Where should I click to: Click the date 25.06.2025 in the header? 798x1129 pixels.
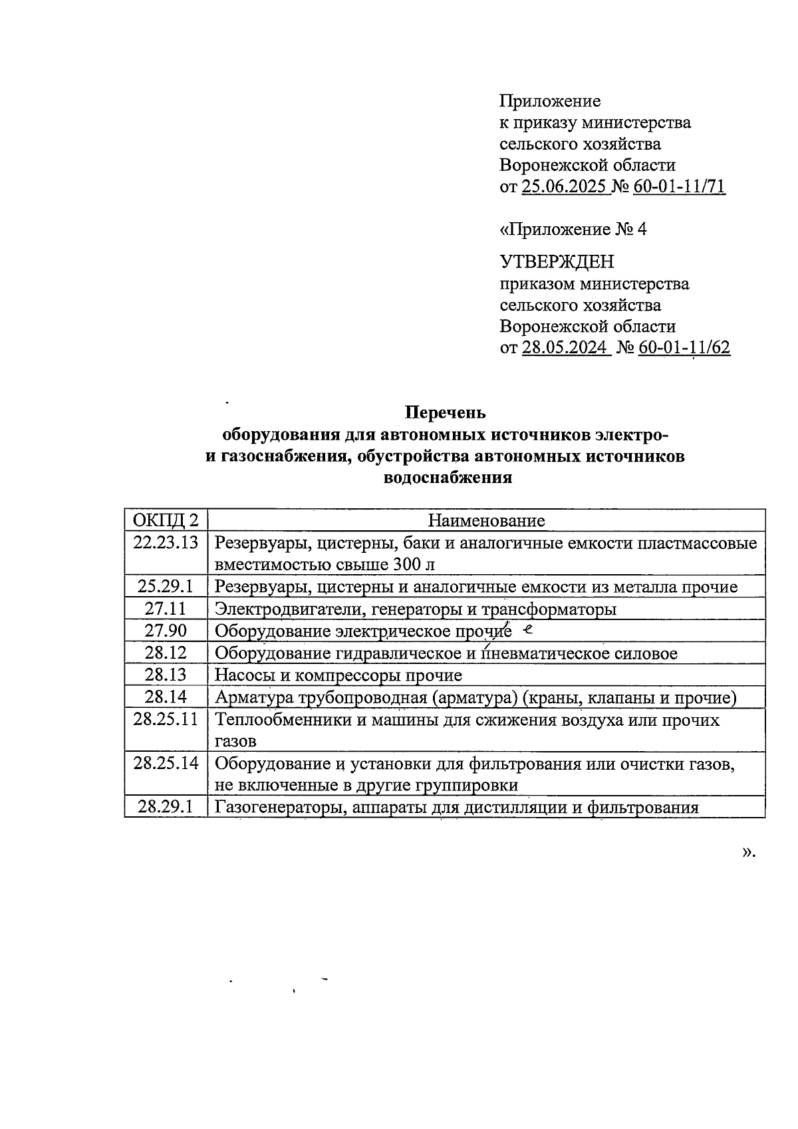[x=565, y=187]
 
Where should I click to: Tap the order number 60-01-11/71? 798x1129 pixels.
[x=679, y=187]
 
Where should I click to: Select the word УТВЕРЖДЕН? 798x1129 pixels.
[x=557, y=261]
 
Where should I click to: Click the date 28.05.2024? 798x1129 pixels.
[x=565, y=347]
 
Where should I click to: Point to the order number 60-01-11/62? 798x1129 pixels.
[x=684, y=347]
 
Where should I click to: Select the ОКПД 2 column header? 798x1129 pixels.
[x=166, y=520]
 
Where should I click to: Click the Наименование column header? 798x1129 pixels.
[x=485, y=520]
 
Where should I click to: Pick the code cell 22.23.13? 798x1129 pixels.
[x=166, y=542]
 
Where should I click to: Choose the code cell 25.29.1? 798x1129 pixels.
[x=166, y=586]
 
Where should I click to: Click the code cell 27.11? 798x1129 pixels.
[x=166, y=608]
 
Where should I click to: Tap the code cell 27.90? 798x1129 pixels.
[x=166, y=630]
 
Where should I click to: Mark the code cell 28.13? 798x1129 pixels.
[x=166, y=675]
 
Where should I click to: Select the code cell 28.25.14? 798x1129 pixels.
[x=166, y=762]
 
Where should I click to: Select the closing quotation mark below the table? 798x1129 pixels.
[x=748, y=852]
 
